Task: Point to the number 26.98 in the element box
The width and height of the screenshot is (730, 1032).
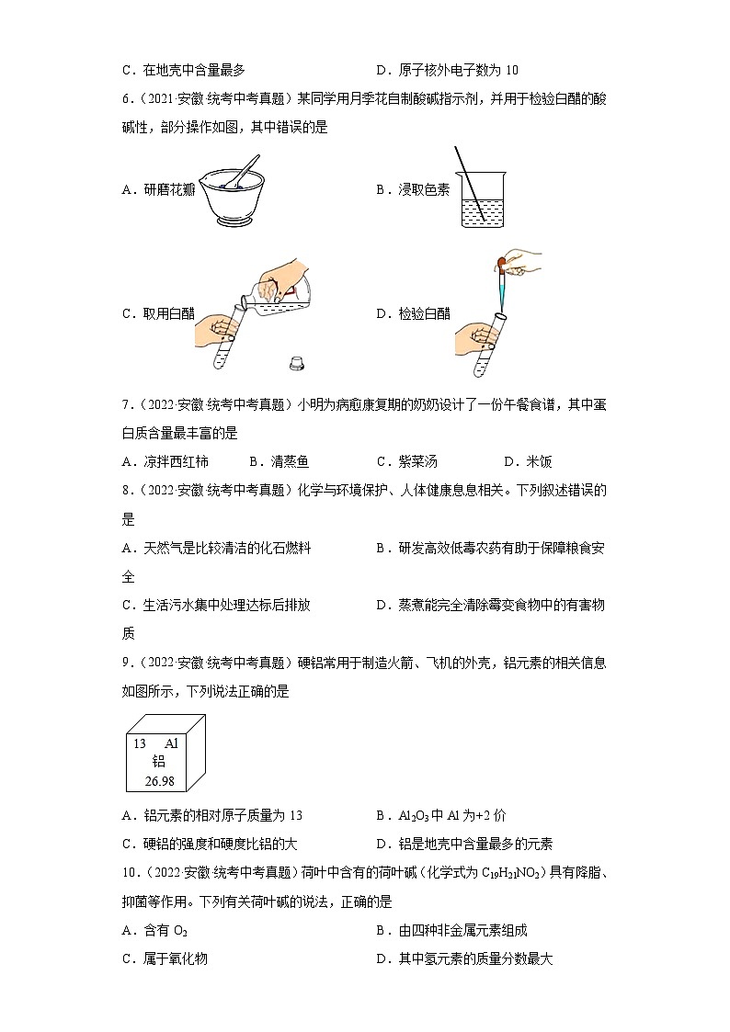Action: click(x=159, y=781)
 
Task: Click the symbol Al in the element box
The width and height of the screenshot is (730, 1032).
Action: click(x=171, y=743)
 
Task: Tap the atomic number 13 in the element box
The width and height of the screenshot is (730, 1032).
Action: click(x=140, y=743)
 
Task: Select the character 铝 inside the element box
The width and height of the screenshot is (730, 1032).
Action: click(x=158, y=762)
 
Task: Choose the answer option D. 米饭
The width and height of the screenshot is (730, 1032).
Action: click(x=528, y=461)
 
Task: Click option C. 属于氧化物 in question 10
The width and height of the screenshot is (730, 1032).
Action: click(x=165, y=958)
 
